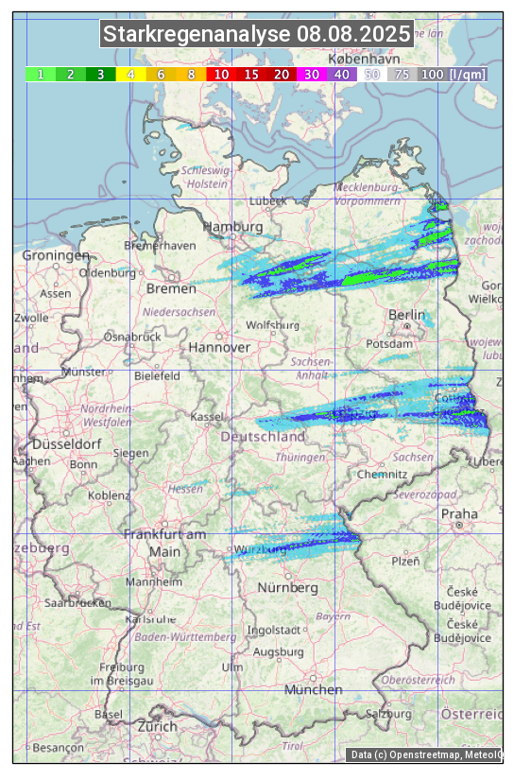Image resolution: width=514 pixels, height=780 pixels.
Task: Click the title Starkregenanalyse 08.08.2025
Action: pos(257,35)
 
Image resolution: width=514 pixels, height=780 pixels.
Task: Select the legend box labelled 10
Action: pos(221,74)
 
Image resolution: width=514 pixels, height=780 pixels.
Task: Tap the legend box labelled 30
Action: pos(311,74)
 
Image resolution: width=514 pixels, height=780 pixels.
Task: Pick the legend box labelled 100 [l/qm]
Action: pos(454,74)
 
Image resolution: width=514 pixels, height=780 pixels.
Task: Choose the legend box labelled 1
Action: pos(41,74)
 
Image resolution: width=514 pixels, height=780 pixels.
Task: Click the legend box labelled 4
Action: pos(131,74)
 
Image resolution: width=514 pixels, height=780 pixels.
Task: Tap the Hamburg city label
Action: pos(232,227)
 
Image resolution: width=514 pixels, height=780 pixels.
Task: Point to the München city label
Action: pos(313,689)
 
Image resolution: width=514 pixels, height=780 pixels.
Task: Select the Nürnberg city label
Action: pos(287,587)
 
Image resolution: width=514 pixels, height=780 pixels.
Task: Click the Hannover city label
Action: pos(219,347)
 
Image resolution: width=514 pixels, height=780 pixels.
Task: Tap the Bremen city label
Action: pos(171,288)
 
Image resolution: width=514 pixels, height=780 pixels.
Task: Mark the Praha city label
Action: pos(459,513)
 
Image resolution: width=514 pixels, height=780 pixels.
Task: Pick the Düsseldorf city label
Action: pos(67,443)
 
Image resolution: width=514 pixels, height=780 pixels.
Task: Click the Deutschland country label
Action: pos(263,437)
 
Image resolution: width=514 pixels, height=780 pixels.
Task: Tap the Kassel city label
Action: pos(207,416)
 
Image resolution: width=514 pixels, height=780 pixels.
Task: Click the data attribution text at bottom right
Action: pos(425,754)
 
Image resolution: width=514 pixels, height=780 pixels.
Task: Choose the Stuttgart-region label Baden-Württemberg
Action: pos(186,637)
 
